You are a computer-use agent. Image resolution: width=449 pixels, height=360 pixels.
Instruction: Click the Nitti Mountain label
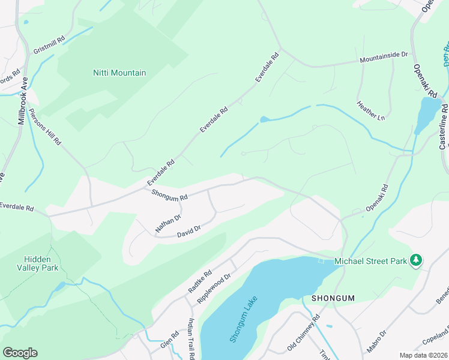pyautogui.click(x=119, y=73)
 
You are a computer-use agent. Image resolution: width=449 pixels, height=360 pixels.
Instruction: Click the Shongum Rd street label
pyautogui.click(x=170, y=196)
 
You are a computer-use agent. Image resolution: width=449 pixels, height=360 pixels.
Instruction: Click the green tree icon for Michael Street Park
pyautogui.click(x=415, y=260)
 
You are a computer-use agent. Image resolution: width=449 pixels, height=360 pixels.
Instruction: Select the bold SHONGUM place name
pyautogui.click(x=333, y=298)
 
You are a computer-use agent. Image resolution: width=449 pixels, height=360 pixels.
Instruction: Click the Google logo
pyautogui.click(x=20, y=352)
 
